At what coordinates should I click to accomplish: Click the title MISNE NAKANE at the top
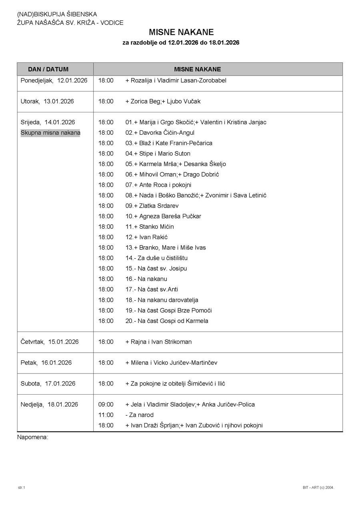[x=181, y=32]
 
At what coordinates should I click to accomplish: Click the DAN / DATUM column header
[x=48, y=69]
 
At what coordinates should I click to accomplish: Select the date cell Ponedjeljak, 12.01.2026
[x=54, y=80]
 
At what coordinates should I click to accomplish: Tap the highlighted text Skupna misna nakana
[x=50, y=133]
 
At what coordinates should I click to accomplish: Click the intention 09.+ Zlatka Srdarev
[x=152, y=206]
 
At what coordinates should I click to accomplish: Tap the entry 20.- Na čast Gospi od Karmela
[x=167, y=321]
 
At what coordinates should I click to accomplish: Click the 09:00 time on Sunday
[x=106, y=405]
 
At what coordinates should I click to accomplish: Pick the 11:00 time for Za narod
[x=106, y=415]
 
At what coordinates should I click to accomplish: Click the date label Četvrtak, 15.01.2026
[x=50, y=342]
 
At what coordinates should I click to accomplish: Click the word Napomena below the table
[x=32, y=437]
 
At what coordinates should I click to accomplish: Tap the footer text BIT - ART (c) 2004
[x=318, y=487]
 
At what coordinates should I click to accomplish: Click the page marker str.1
[x=21, y=487]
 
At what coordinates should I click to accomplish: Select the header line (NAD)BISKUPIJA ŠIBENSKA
[x=57, y=14]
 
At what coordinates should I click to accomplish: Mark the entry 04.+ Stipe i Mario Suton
[x=158, y=154]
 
